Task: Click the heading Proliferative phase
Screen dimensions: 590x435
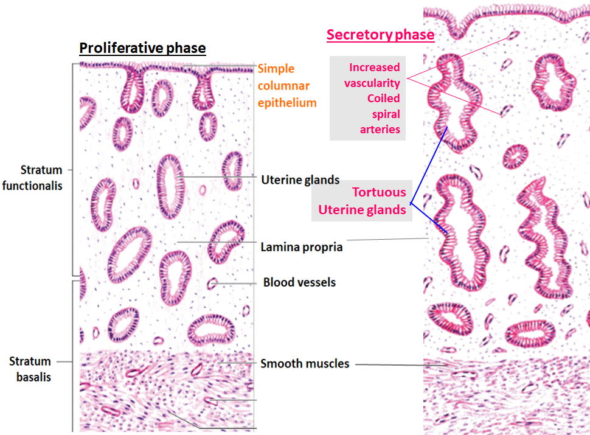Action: click(x=142, y=48)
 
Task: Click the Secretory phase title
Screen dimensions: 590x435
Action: click(x=380, y=35)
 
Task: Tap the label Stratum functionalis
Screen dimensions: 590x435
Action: click(x=32, y=178)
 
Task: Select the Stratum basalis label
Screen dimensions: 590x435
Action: click(x=30, y=369)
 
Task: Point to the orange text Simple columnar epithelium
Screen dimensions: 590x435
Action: click(x=287, y=85)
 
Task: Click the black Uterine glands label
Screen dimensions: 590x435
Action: click(x=300, y=180)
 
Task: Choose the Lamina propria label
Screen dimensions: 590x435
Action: click(x=302, y=247)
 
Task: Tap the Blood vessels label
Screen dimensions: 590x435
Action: click(x=299, y=282)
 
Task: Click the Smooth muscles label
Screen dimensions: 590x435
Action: click(x=305, y=363)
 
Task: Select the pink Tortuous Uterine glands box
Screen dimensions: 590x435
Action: click(x=361, y=201)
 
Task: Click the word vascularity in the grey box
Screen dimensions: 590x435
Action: click(x=372, y=83)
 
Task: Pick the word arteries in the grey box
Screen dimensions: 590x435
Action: click(x=380, y=130)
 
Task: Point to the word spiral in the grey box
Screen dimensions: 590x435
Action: click(x=386, y=114)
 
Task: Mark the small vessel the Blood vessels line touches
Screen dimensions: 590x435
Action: click(x=212, y=284)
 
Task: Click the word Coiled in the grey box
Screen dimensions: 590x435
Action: click(x=383, y=98)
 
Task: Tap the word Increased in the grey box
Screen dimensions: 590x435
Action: click(x=375, y=68)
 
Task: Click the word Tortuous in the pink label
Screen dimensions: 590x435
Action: click(x=379, y=192)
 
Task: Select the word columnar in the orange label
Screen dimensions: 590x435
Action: click(x=283, y=86)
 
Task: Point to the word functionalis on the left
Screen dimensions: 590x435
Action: click(x=32, y=186)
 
